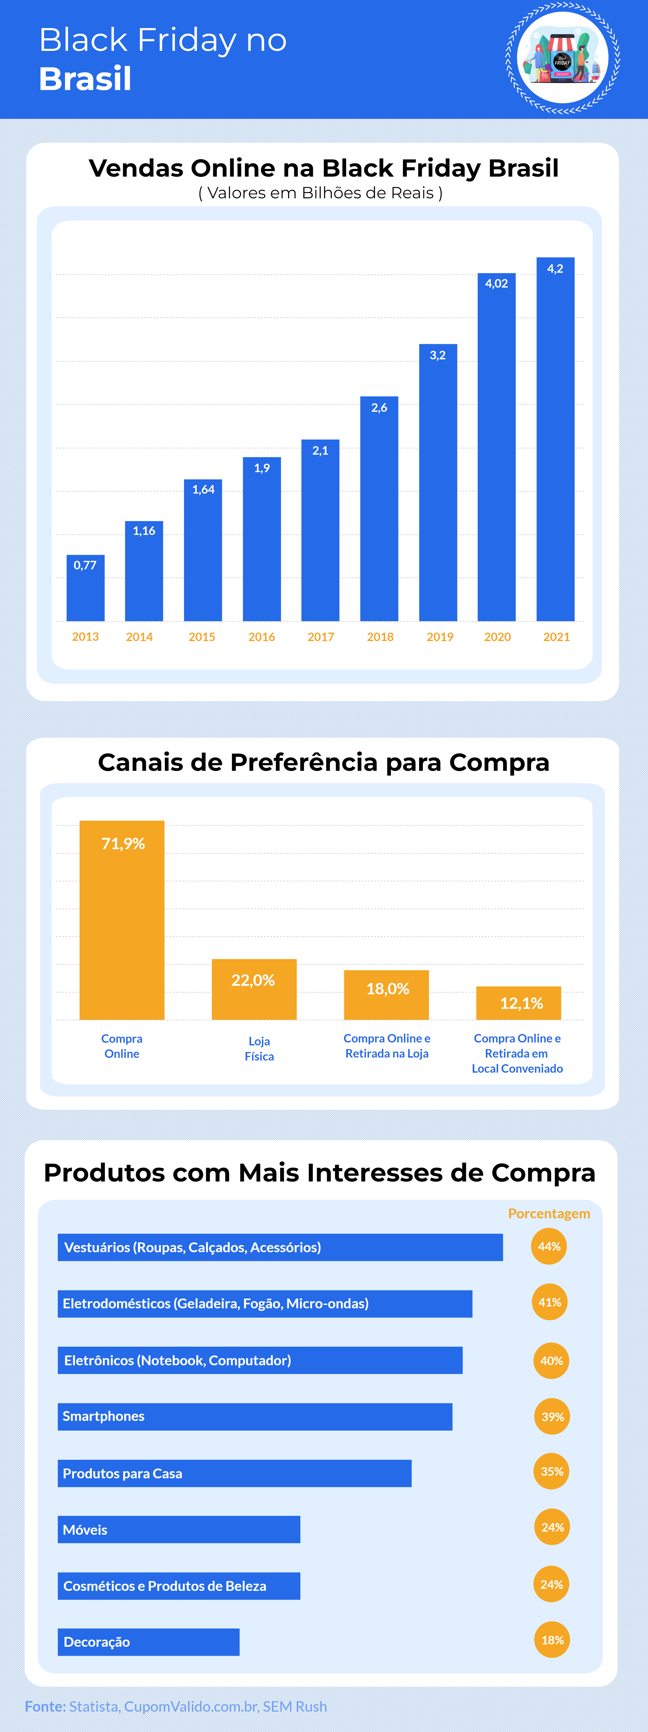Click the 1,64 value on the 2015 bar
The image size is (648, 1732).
coord(203,490)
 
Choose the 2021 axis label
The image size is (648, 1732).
coord(557,637)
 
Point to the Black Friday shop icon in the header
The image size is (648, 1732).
coord(563,59)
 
